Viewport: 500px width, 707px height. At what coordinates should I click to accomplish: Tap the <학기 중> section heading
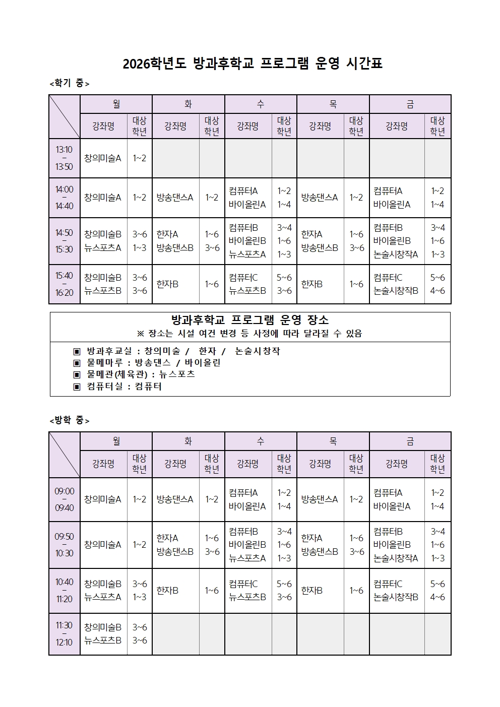(x=70, y=84)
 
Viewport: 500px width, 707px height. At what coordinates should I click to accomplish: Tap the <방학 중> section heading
(x=70, y=420)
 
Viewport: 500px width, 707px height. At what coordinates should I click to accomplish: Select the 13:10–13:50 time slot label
(x=64, y=158)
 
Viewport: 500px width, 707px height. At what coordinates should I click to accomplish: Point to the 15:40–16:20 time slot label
(x=64, y=284)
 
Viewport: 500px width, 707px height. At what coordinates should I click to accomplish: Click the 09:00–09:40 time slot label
(x=64, y=499)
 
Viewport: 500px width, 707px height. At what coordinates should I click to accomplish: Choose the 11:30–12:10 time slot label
(x=64, y=633)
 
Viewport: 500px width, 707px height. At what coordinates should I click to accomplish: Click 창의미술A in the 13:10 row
(x=103, y=158)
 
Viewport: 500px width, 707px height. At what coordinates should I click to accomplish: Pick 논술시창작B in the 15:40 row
(x=396, y=291)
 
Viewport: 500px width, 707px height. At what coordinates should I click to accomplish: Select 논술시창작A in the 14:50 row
(x=396, y=254)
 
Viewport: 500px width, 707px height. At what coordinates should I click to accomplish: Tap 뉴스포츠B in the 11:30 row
(x=103, y=640)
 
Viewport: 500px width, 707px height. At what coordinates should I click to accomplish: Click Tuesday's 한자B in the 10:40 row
(x=167, y=591)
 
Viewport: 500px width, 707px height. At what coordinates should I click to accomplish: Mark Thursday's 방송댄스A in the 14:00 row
(x=319, y=198)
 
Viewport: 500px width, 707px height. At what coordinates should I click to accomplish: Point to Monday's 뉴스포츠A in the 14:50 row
(x=103, y=248)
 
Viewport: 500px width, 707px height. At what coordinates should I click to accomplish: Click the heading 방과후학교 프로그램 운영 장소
(x=250, y=320)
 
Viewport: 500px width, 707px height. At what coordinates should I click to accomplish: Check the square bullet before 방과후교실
(x=77, y=351)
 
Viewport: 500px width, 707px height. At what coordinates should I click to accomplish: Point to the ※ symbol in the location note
(x=141, y=334)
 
